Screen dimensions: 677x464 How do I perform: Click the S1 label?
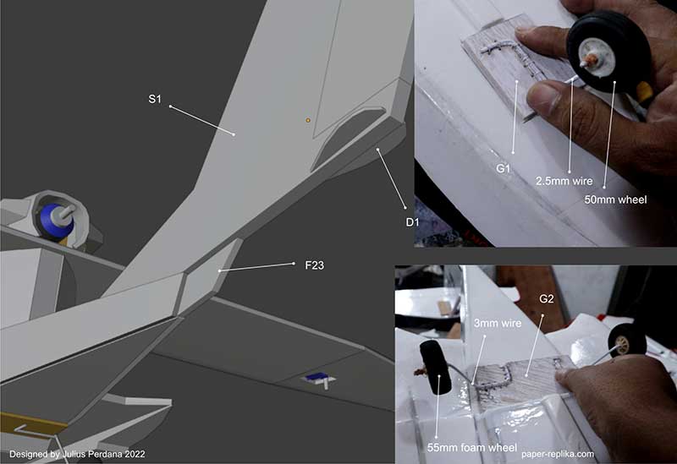pos(155,99)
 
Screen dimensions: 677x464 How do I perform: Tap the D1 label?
pos(412,222)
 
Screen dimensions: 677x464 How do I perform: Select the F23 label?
pos(314,265)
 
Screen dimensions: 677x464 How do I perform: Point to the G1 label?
pos(503,168)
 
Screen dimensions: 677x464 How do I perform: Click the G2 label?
pos(546,298)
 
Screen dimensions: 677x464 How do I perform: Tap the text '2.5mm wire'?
pos(564,181)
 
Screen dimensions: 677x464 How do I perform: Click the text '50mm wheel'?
pos(615,199)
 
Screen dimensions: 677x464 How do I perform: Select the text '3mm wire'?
pos(498,323)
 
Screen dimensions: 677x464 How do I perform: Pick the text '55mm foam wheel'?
pos(471,448)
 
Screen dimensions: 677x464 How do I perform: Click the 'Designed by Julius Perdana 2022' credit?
pos(77,454)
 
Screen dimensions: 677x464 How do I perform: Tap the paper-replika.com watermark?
pos(558,454)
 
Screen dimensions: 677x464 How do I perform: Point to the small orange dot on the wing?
pos(308,120)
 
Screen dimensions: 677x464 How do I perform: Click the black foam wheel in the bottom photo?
pos(435,367)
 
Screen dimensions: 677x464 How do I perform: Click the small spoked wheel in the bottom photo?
pos(627,341)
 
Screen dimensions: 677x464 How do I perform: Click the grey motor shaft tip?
pos(69,210)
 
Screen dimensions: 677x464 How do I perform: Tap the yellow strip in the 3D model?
pos(33,423)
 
